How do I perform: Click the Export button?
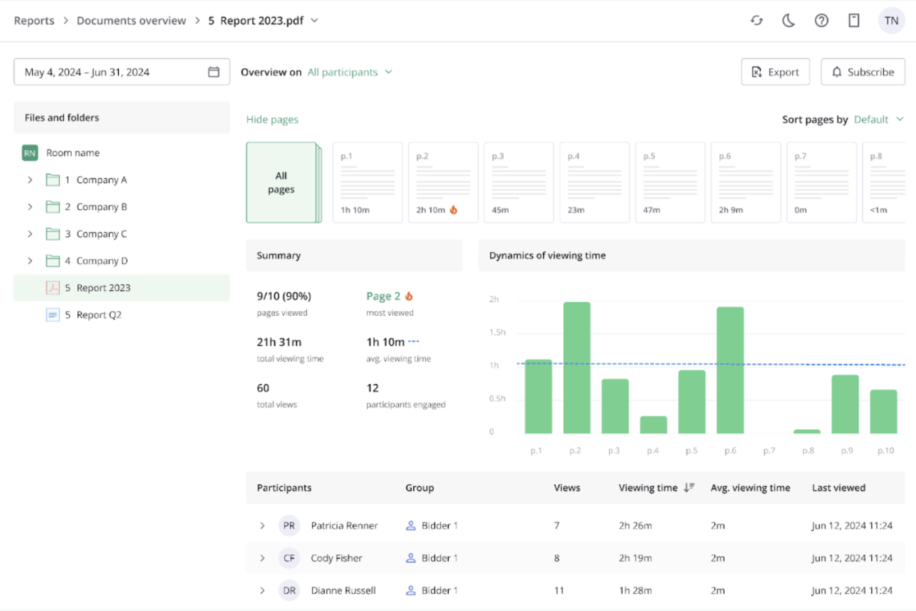pos(775,72)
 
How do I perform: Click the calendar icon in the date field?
pos(214,72)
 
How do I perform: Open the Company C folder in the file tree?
pos(101,234)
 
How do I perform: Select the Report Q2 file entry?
pos(98,315)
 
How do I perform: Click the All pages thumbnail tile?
pos(282,183)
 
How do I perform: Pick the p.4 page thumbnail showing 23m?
pos(594,183)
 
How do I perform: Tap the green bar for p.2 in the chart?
pos(576,368)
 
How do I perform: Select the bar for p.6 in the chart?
pos(730,370)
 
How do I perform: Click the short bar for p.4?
pos(653,425)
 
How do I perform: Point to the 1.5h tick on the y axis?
pos(497,332)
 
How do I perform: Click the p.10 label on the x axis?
pos(885,451)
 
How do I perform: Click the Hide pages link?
pos(272,119)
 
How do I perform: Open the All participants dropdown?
pos(350,72)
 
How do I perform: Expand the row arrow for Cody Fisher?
pos(262,558)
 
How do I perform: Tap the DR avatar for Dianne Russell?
pos(289,591)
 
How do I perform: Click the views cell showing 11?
pos(559,591)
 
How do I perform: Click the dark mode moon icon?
pos(789,20)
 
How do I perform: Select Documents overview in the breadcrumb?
pos(131,20)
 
